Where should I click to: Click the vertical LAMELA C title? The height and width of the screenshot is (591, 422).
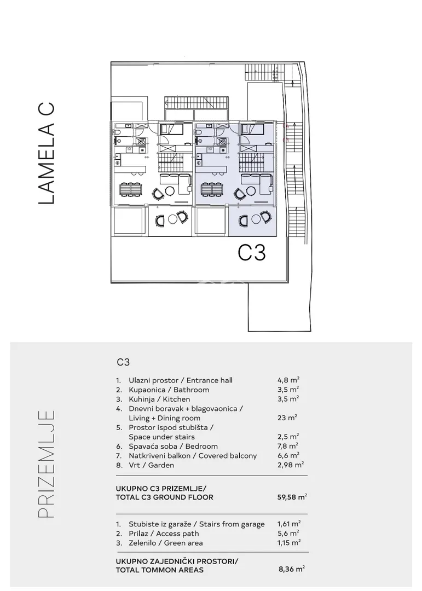coord(47,153)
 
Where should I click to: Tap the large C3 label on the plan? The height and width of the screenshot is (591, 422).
coord(252,252)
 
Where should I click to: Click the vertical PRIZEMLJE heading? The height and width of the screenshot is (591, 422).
coord(47,464)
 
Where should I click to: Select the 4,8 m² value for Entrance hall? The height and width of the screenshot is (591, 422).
coord(288,380)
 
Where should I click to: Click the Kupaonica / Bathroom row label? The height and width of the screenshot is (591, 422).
coord(169,390)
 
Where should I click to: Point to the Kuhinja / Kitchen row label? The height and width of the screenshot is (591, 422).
coord(159,399)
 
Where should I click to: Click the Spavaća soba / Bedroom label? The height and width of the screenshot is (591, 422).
coord(173,447)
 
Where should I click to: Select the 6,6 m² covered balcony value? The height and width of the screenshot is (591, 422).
coord(288,455)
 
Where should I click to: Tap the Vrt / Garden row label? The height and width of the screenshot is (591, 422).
coord(151,465)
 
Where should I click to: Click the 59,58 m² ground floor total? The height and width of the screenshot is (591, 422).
coord(292,497)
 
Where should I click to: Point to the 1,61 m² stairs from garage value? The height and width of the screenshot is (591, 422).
coord(289,524)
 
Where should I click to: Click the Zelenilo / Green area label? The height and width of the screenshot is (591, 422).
coord(165,543)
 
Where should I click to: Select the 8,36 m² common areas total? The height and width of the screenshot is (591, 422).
coord(292,569)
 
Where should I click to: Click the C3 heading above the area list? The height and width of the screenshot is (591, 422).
coord(123,362)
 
